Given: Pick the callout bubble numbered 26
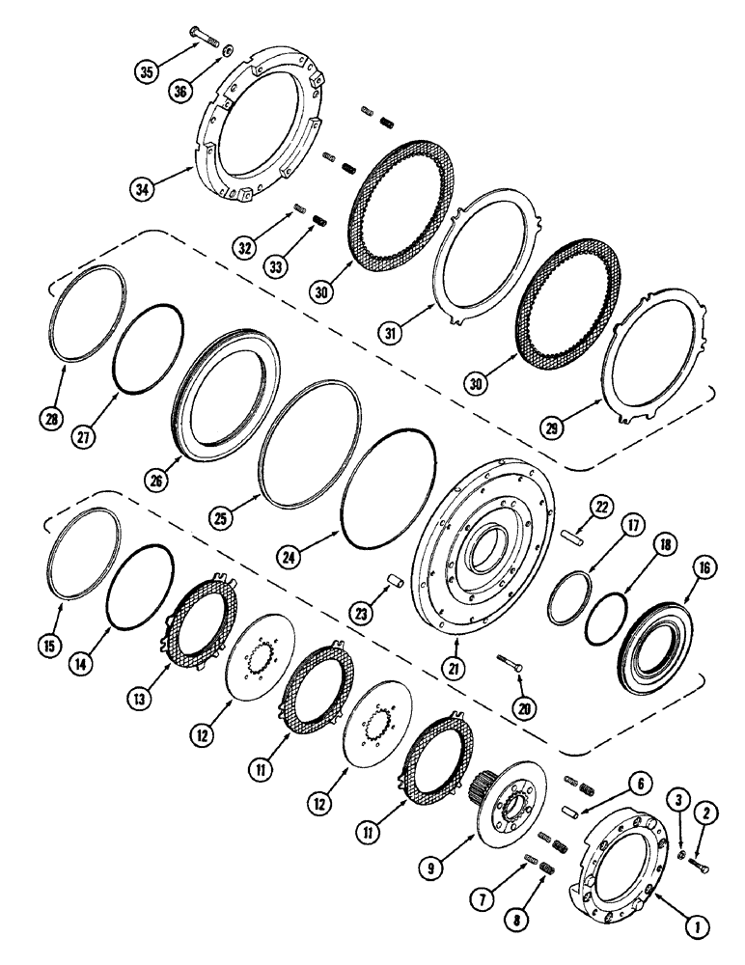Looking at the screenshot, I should point(155,478).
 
